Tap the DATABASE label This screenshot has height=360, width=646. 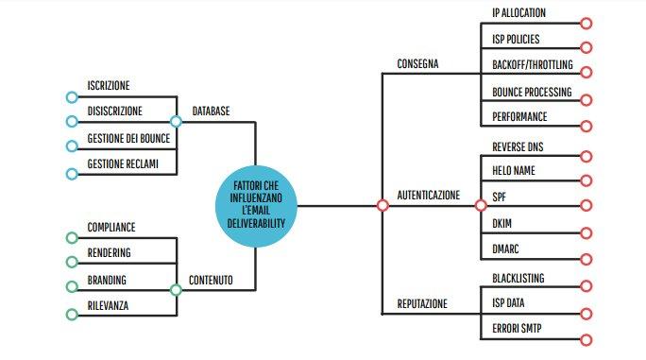[212, 111]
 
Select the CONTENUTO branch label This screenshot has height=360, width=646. [212, 280]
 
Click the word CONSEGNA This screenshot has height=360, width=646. [418, 64]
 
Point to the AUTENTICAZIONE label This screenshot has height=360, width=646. [429, 196]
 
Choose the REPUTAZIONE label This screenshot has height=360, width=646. [422, 304]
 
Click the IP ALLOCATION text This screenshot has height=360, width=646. [519, 13]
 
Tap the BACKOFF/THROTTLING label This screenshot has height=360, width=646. [532, 66]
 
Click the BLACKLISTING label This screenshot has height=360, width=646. [518, 278]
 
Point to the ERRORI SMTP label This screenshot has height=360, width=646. [517, 329]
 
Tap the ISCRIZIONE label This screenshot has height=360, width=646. [109, 85]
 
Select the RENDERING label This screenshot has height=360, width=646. [109, 252]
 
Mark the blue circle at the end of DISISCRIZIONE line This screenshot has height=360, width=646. [72, 122]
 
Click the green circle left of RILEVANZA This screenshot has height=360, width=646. [72, 315]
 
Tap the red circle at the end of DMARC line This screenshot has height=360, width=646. [586, 258]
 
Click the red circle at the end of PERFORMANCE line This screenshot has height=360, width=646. [586, 126]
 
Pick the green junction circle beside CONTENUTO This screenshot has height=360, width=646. [176, 289]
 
